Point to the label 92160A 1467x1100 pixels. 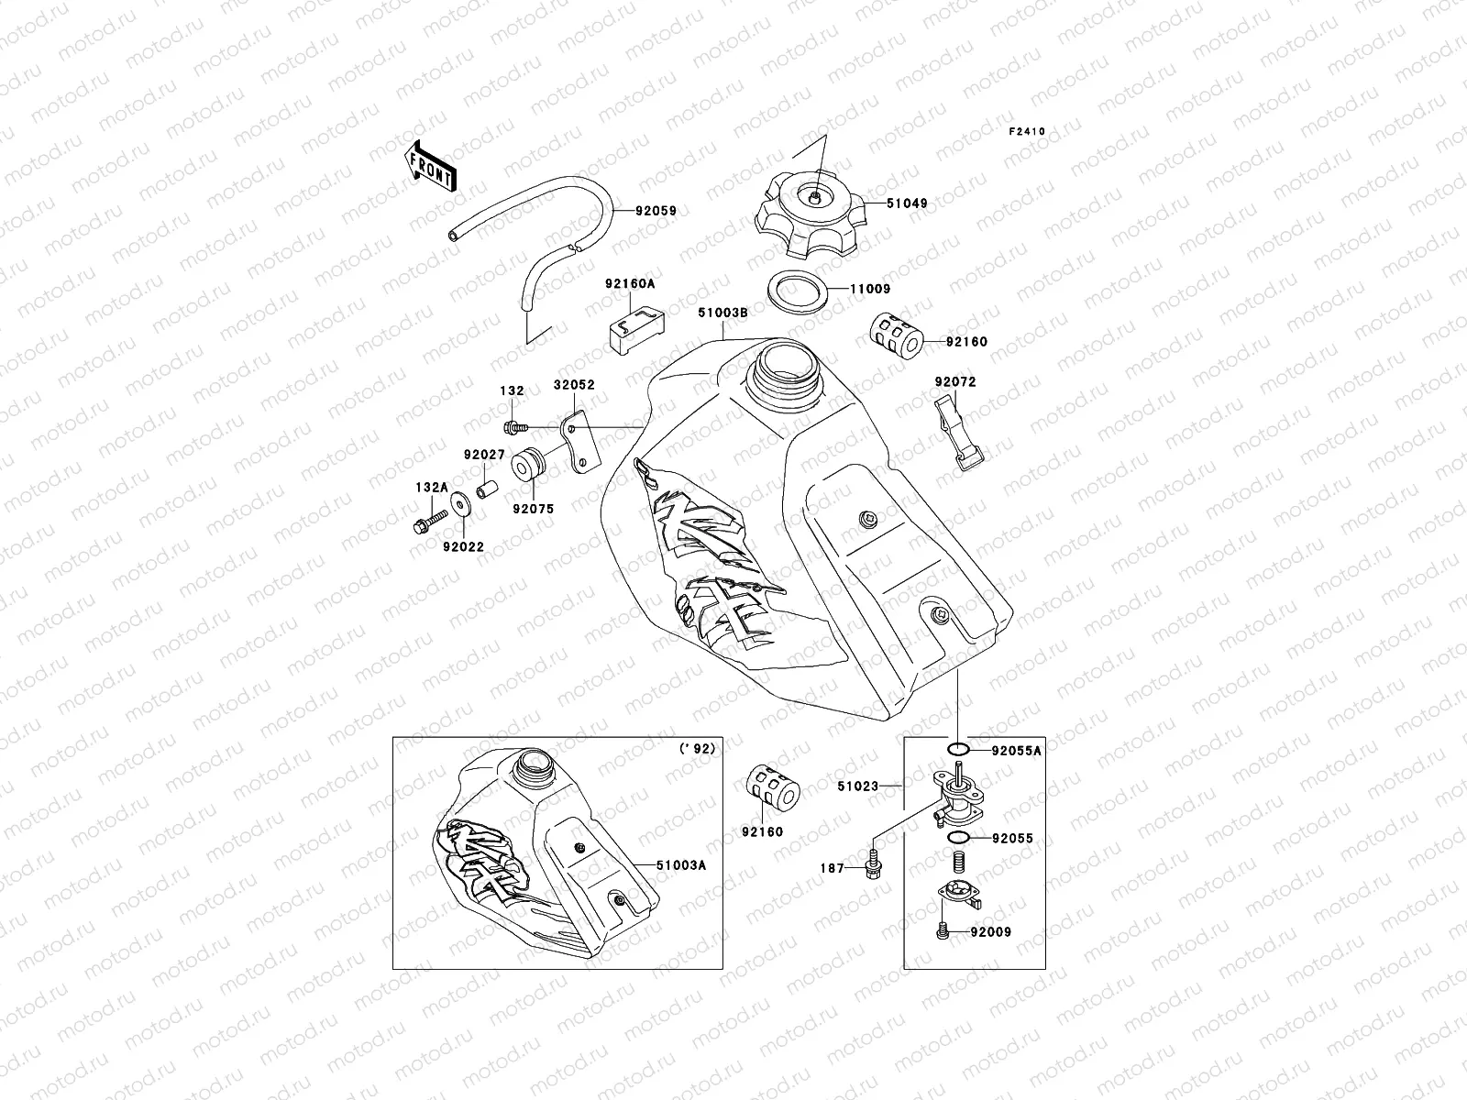[629, 284]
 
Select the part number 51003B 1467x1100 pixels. [723, 313]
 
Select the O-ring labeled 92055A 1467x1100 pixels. [956, 751]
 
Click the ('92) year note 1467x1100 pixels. [697, 749]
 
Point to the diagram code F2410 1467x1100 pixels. [1027, 132]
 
